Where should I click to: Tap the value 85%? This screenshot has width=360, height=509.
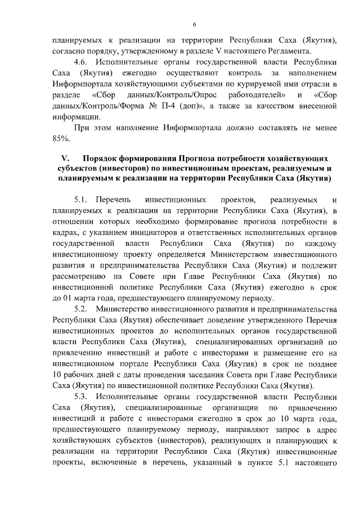click(60, 138)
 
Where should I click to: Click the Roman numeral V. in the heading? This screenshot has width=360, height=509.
click(64, 158)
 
